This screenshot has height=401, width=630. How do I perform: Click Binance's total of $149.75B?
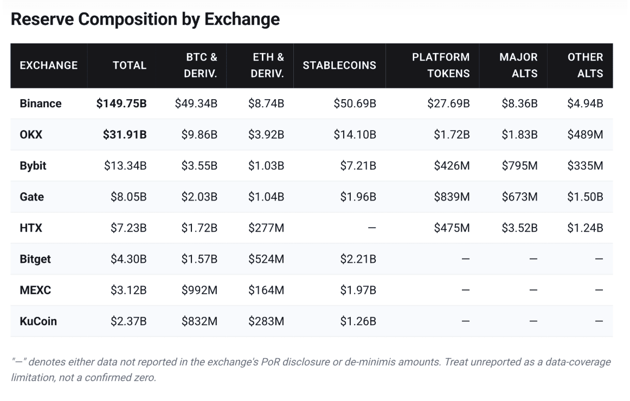(121, 104)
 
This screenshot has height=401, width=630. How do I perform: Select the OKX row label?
(31, 134)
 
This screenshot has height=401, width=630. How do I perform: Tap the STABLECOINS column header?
(339, 66)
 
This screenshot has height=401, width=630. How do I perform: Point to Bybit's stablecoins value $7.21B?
(358, 166)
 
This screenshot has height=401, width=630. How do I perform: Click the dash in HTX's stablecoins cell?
(372, 228)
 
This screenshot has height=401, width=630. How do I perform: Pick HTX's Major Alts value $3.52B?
(519, 228)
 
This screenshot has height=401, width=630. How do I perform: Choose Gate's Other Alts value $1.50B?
(585, 197)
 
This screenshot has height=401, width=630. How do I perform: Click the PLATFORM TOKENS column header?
(441, 66)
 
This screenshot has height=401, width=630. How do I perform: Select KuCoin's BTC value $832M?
(200, 321)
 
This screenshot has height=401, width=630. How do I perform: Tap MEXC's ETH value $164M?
(266, 290)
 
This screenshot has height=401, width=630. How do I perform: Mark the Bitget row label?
(35, 260)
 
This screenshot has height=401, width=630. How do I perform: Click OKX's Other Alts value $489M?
(585, 134)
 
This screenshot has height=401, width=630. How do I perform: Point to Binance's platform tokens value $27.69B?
(448, 104)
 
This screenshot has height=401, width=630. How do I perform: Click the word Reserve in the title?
(42, 20)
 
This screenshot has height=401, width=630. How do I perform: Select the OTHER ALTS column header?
(585, 66)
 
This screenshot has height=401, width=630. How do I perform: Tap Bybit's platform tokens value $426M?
(452, 166)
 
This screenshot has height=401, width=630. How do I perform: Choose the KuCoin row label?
(38, 321)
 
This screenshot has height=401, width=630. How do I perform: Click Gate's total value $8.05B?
(128, 197)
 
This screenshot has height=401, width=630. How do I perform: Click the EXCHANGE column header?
(49, 66)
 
